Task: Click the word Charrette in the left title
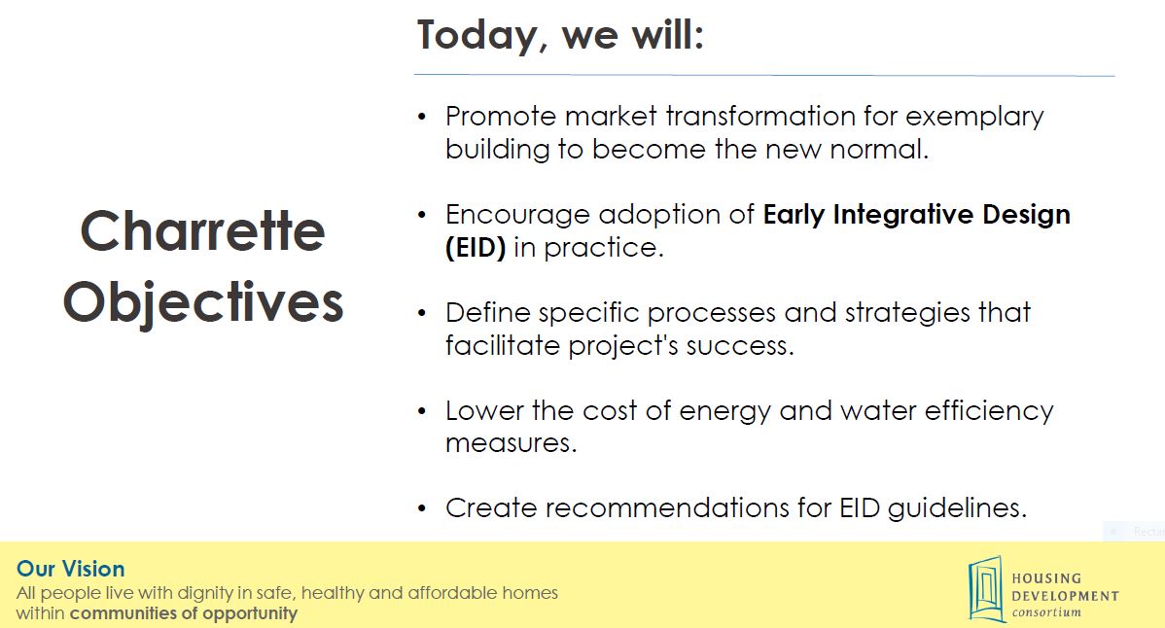202,231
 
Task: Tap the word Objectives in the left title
202,302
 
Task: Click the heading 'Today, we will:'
560,35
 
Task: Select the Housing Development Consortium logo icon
985,588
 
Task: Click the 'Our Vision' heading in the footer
70,570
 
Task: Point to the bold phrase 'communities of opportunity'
183,613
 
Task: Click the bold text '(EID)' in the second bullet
476,247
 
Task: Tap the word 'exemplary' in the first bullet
974,117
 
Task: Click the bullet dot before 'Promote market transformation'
422,117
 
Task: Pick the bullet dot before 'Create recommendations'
422,508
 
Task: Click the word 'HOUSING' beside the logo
1046,578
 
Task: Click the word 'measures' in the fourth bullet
511,443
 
